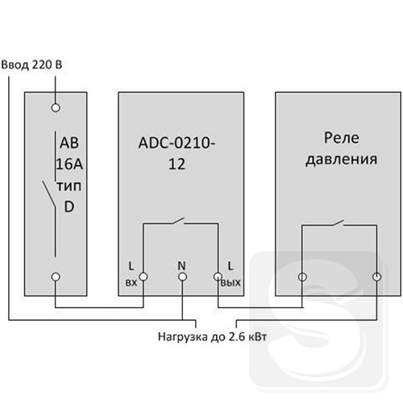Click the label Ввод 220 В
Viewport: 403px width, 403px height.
coord(31,64)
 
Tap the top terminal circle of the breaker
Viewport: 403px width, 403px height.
coord(56,108)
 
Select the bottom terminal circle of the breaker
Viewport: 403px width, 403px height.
coord(56,276)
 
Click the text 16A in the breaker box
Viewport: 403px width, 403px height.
coord(69,164)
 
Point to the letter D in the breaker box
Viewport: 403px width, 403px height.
coord(69,207)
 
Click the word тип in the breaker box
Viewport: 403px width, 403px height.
coord(69,186)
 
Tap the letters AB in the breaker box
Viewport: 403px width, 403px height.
coord(69,143)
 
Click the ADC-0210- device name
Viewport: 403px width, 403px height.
coord(177,143)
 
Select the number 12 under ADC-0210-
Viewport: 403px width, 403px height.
coord(177,164)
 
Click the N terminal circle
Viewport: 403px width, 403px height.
coord(182,276)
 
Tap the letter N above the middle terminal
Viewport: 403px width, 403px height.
coord(181,266)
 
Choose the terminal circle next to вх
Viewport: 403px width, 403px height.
coord(143,276)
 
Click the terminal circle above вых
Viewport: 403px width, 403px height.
coord(218,276)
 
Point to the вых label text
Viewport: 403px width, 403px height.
coord(231,283)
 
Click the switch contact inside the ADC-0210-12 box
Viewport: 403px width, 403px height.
coord(178,221)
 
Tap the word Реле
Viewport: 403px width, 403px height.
coord(342,138)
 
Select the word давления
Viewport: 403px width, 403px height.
coord(342,160)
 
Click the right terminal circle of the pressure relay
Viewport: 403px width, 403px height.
coord(376,276)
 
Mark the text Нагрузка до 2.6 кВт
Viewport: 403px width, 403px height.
coord(212,337)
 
